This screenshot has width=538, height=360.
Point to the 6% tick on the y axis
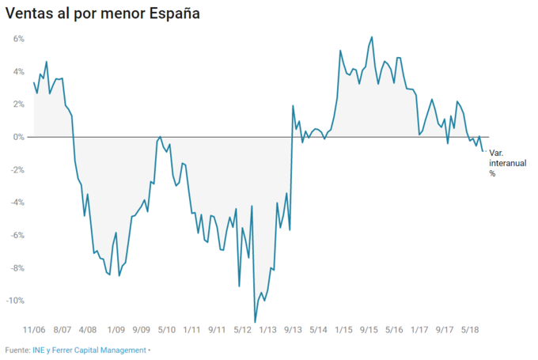pos(18,38)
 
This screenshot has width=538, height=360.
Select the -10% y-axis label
pos(15,301)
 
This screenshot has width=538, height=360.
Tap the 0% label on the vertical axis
pos(18,137)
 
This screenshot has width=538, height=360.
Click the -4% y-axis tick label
pos(17,203)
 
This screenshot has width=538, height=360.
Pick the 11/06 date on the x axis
pos(34,330)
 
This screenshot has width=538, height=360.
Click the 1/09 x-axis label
pos(116,330)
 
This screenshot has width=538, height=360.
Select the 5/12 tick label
pos(242,330)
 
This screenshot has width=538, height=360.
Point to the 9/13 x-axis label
pos(293,330)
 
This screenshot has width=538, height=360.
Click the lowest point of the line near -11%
pos(255,321)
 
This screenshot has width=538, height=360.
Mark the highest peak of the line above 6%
pos(372,37)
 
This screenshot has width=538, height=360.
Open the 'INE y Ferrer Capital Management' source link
pos(89,350)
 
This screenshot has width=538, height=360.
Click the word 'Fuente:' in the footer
pos(18,350)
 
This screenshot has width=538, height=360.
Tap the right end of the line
pos(483,150)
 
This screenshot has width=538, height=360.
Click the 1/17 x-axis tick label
pos(419,330)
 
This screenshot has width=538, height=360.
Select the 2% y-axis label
pos(18,104)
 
